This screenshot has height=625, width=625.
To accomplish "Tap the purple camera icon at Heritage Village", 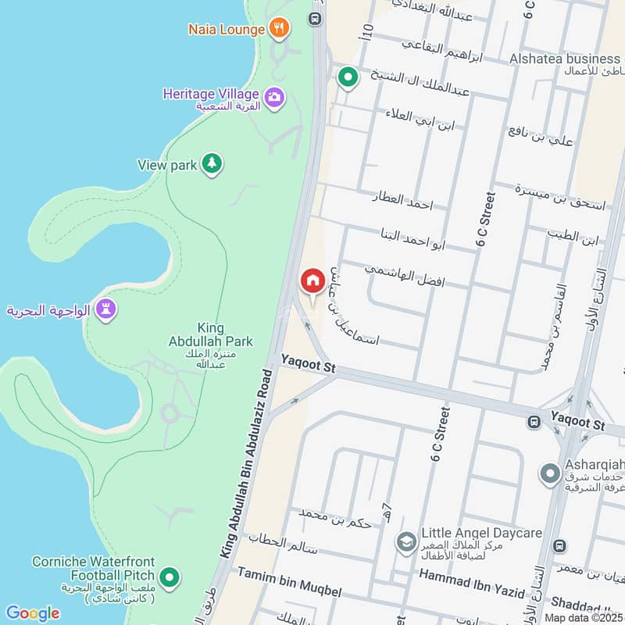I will pyautogui.click(x=273, y=98).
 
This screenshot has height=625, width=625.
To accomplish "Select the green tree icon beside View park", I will pyautogui.click(x=211, y=164).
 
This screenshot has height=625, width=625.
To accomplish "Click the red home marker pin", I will pyautogui.click(x=312, y=281).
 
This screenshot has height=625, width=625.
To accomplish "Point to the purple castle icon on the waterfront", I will pyautogui.click(x=106, y=309).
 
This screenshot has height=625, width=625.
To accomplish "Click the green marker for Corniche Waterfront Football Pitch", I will pyautogui.click(x=171, y=579).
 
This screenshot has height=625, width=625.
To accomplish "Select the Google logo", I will pyautogui.click(x=32, y=613).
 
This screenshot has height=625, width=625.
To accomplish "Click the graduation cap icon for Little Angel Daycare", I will pyautogui.click(x=405, y=541).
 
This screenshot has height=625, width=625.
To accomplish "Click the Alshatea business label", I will pyautogui.click(x=564, y=59).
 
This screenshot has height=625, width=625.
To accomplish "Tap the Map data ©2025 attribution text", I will pyautogui.click(x=584, y=617).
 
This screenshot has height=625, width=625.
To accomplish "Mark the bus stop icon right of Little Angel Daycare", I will pyautogui.click(x=559, y=545).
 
